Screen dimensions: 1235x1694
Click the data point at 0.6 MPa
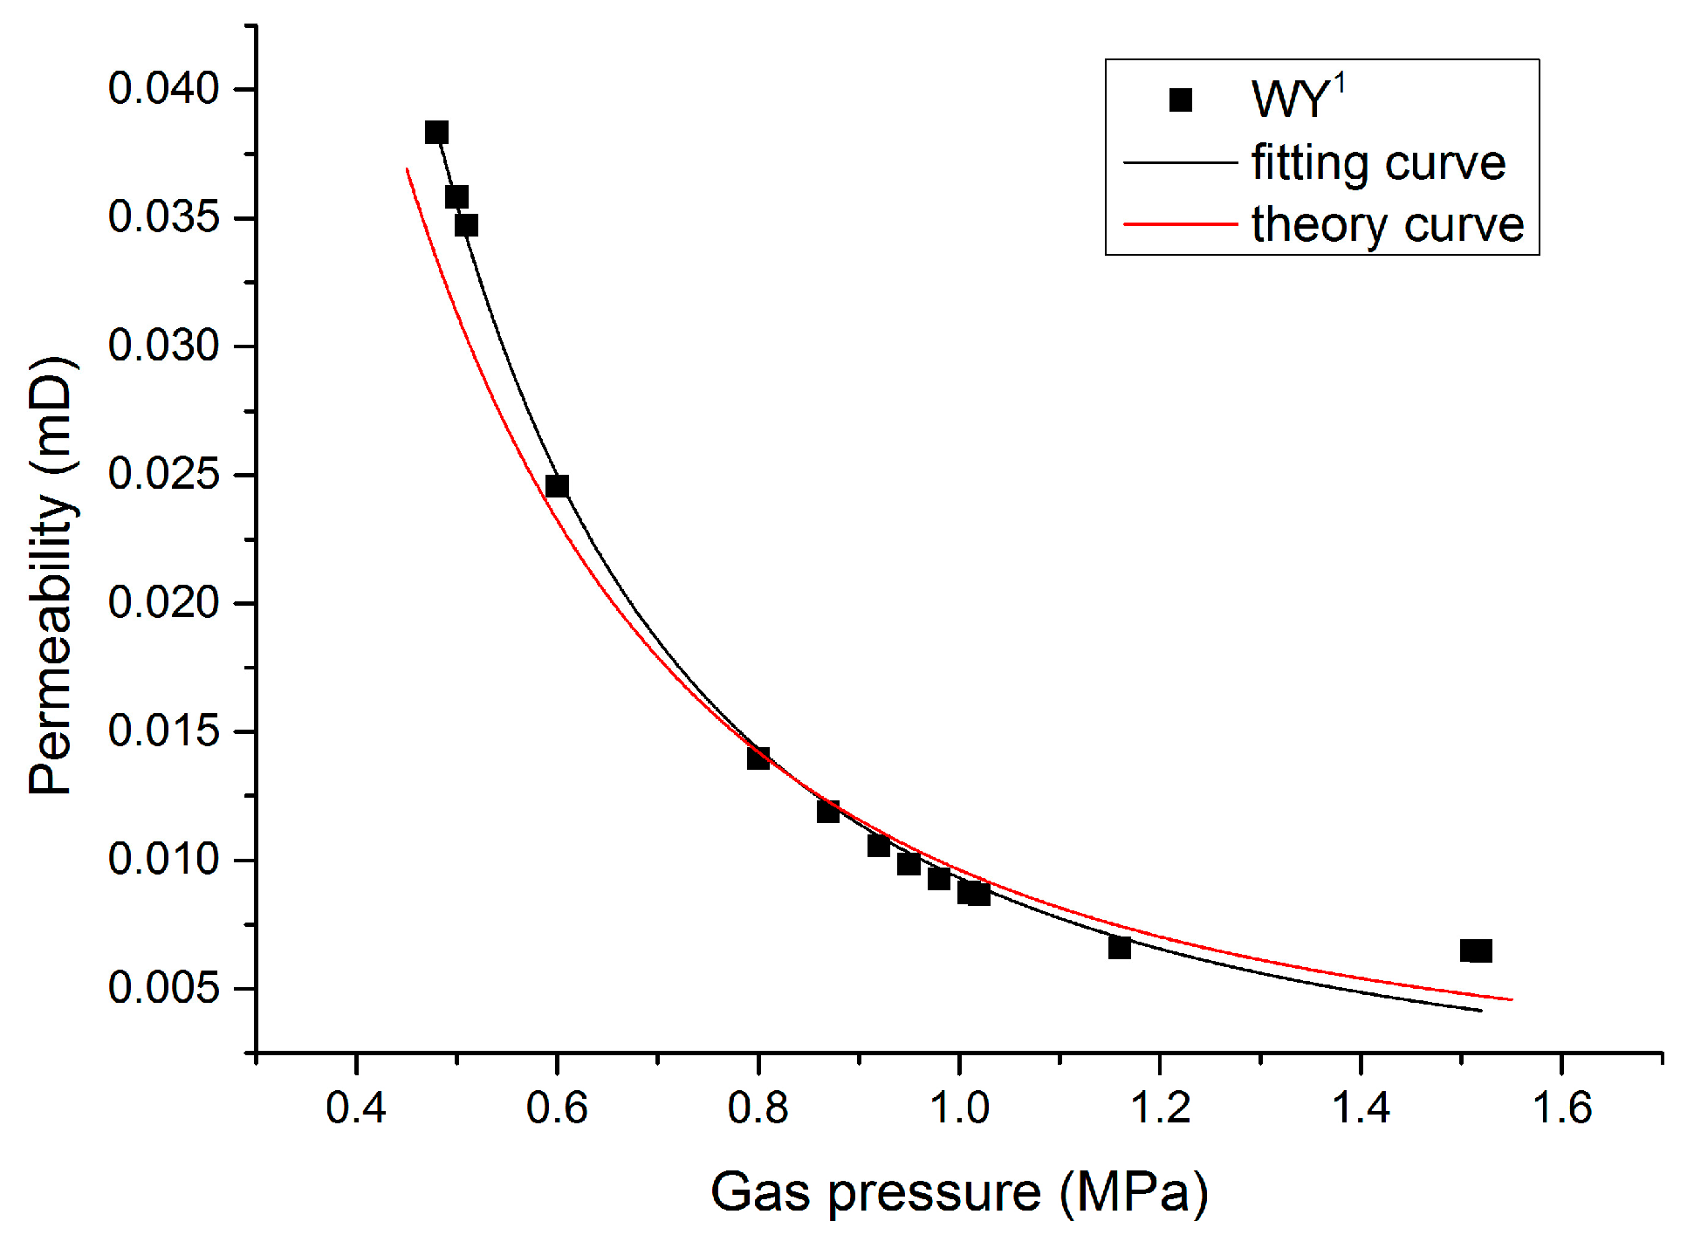coord(557,486)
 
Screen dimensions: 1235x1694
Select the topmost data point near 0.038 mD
coord(436,133)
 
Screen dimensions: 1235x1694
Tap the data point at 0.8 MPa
coord(758,758)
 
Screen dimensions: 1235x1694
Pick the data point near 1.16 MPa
coord(1120,947)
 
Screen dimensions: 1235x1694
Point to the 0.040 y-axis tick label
coord(163,89)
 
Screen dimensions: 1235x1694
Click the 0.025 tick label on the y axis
coord(163,475)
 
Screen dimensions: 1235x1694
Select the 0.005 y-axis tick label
coord(163,988)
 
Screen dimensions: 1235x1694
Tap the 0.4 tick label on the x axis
coord(356,1108)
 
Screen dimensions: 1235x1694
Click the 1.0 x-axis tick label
coord(959,1108)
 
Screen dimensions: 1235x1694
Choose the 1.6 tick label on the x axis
coord(1562,1108)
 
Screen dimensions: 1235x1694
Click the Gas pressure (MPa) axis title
coord(959,1191)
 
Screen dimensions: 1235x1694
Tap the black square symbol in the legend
coord(1181,100)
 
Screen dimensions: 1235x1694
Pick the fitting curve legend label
coord(1379,163)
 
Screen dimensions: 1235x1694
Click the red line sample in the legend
coord(1181,224)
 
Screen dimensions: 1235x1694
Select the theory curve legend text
coord(1388,225)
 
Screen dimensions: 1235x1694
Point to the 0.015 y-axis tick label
coord(163,731)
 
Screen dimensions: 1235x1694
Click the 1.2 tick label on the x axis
coord(1160,1108)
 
